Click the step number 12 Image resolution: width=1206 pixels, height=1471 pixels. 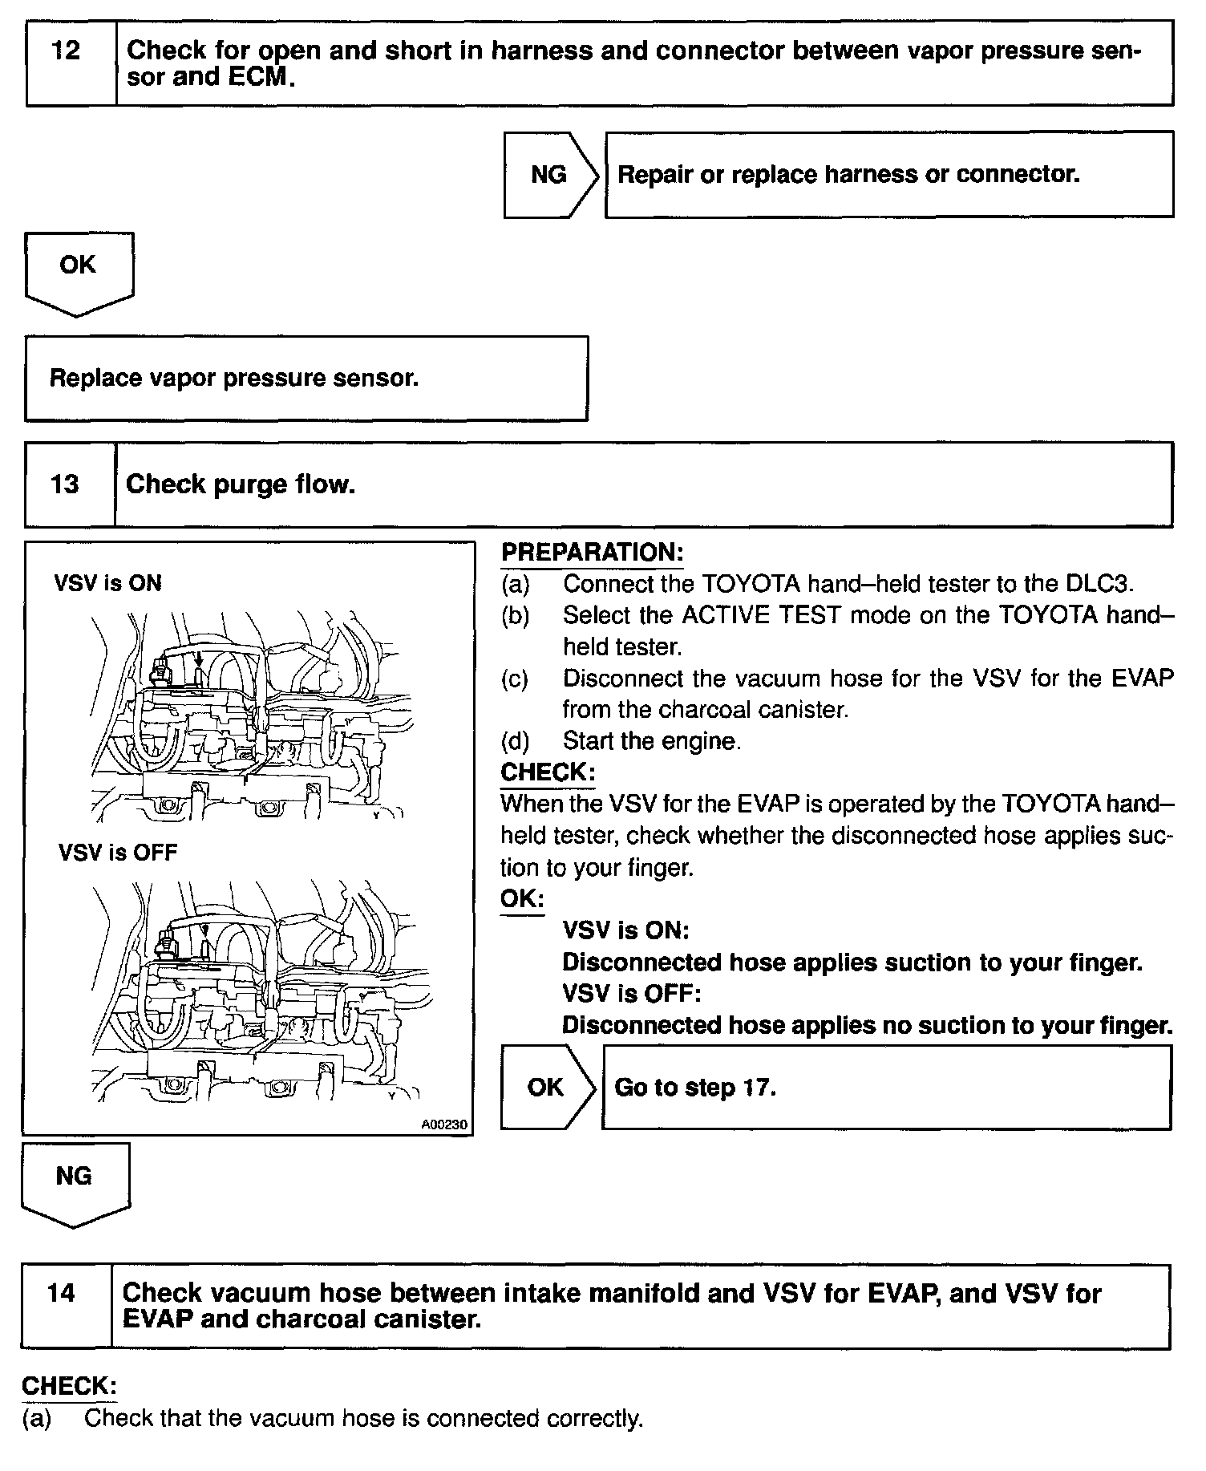[66, 51]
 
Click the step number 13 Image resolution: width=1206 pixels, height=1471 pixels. [65, 484]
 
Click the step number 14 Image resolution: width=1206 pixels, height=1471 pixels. [62, 1293]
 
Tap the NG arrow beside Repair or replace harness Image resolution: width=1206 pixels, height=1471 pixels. [549, 175]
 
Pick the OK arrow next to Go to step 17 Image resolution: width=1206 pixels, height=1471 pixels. [546, 1088]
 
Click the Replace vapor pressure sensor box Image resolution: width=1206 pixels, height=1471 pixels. [306, 379]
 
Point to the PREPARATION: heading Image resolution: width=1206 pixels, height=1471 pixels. [592, 553]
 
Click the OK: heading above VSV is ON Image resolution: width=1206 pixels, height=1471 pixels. [521, 899]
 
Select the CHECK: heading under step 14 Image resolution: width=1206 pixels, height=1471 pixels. [69, 1386]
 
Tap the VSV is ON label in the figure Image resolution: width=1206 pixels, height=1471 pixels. [108, 583]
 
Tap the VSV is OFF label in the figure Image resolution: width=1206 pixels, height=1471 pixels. [117, 853]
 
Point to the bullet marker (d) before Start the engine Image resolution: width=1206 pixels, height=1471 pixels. [516, 741]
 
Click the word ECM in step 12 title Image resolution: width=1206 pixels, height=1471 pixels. [261, 77]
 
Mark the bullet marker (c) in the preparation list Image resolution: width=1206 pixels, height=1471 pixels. [516, 679]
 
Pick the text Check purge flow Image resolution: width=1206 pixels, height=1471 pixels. [241, 484]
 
